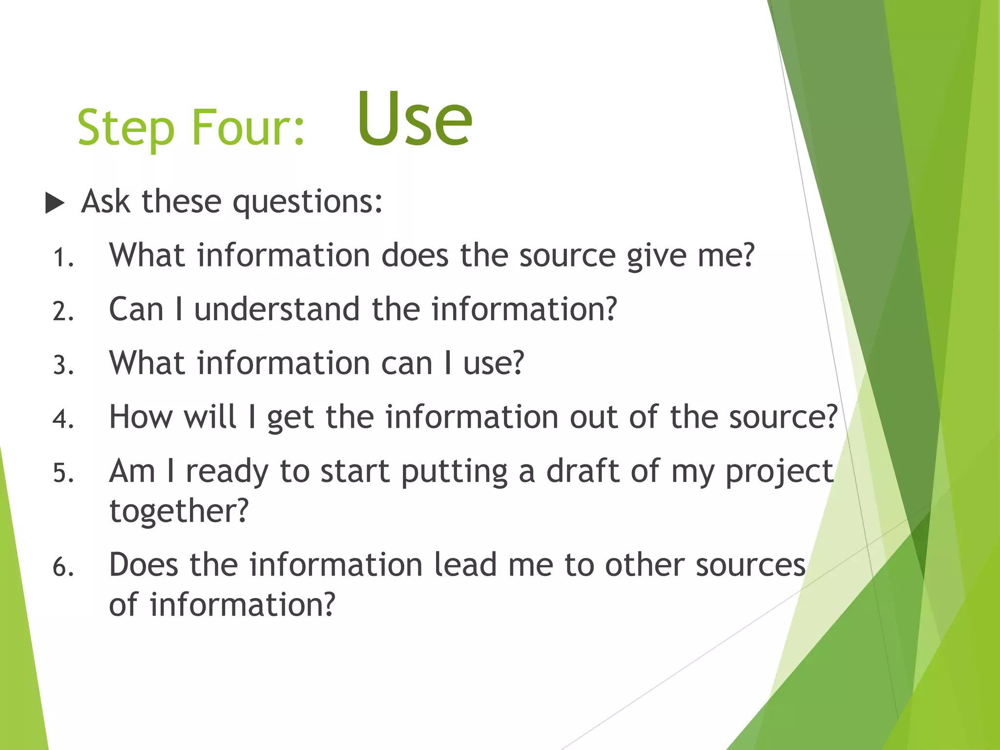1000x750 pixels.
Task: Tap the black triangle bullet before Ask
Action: pos(55,203)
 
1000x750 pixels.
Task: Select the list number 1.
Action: pos(62,258)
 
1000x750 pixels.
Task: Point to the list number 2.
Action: pos(62,312)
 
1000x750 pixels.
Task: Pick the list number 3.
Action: pos(62,365)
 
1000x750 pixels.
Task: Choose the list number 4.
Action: pos(62,419)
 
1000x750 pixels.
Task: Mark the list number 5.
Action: pos(62,473)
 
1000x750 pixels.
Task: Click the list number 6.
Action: pos(62,567)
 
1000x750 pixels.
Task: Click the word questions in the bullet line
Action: pos(307,202)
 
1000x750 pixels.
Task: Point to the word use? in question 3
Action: pos(493,364)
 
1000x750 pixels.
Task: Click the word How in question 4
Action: pos(141,417)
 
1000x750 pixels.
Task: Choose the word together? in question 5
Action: pos(179,511)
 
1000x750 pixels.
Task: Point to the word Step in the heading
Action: pos(126,128)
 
